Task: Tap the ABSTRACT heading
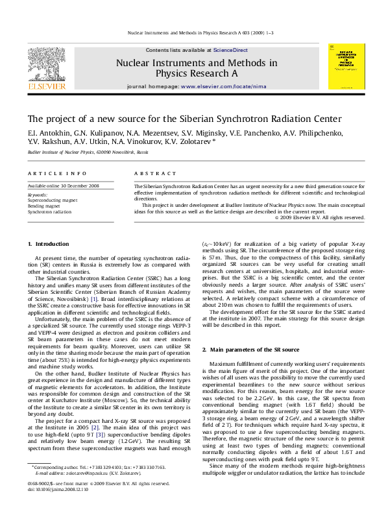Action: pos(151,174)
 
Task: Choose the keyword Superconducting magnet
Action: pos(51,200)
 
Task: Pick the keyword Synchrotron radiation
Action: pos(49,211)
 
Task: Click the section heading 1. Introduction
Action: pos(47,243)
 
